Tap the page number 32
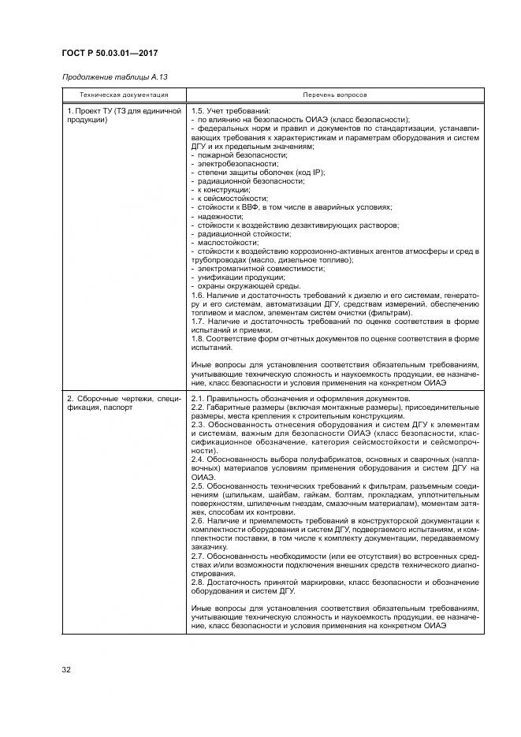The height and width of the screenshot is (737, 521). (67, 672)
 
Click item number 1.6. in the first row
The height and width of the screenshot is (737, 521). (199, 294)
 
